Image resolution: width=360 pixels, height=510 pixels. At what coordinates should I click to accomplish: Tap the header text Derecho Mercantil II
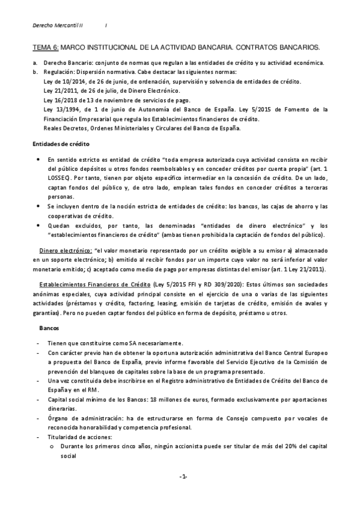pos(58,25)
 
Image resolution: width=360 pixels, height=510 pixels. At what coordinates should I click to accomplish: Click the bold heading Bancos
pos(49,329)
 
